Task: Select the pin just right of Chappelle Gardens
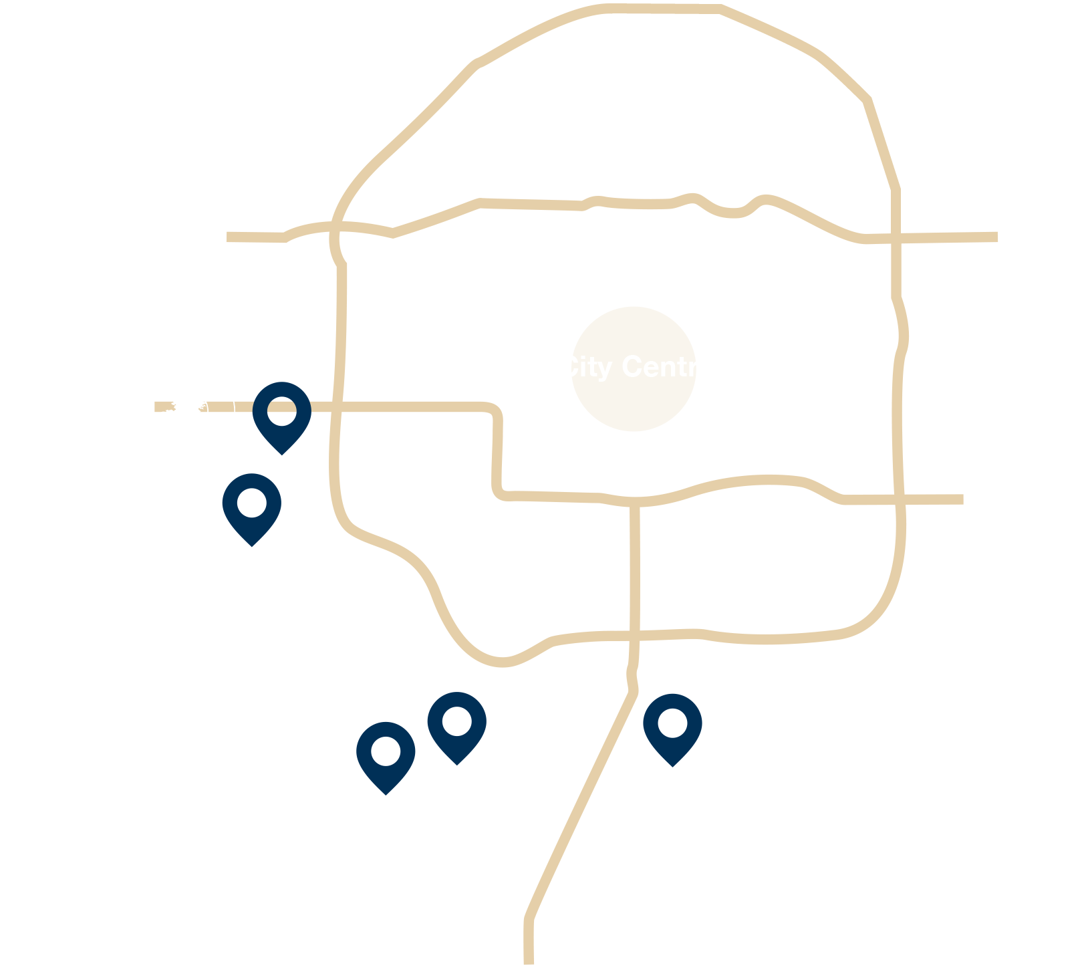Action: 386,753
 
